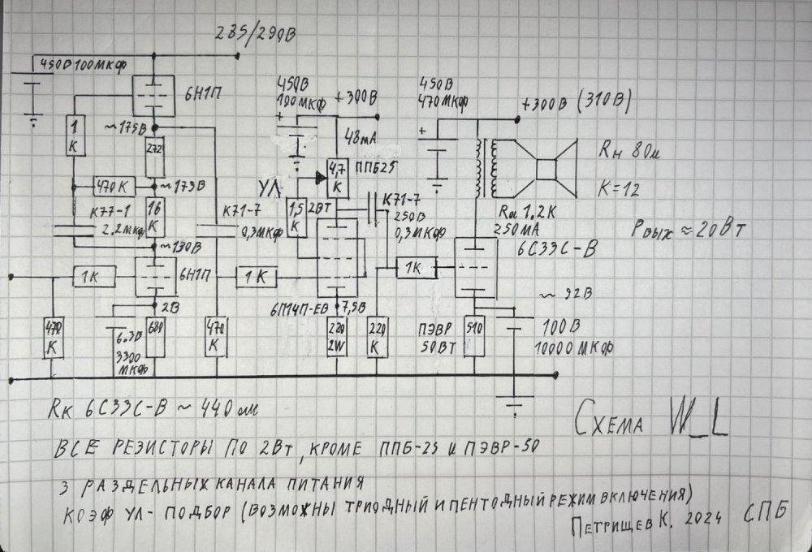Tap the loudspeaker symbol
[x=542, y=169]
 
